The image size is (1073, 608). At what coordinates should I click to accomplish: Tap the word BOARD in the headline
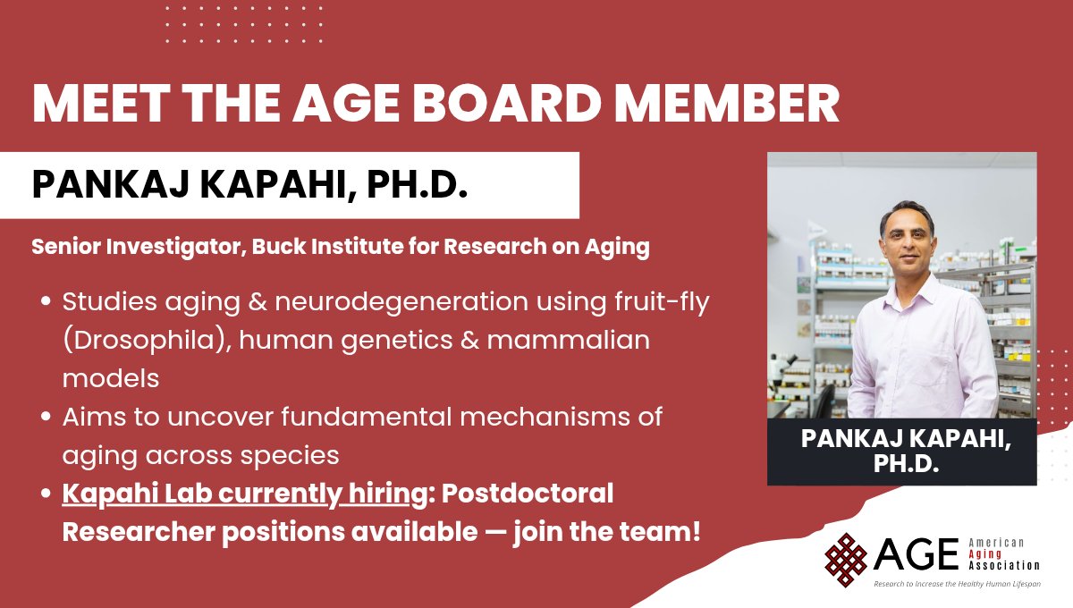click(x=504, y=104)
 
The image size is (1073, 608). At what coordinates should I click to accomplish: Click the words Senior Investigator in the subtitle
click(x=120, y=248)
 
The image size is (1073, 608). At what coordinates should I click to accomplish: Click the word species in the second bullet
click(x=295, y=454)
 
